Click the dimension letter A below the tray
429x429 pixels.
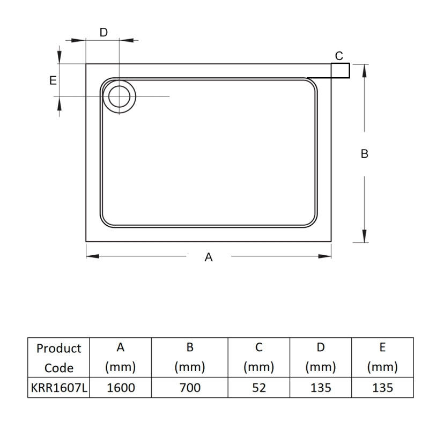(209, 257)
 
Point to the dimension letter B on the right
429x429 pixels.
(365, 153)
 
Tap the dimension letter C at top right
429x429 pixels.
(339, 56)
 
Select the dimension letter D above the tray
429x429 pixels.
(103, 32)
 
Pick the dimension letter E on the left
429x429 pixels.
(53, 80)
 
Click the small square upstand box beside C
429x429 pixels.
(341, 71)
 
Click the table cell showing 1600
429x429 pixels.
(121, 387)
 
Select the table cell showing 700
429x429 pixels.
(189, 387)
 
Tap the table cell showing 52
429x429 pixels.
(258, 387)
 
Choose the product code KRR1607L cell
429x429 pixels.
(58, 387)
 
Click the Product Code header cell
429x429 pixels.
(58, 358)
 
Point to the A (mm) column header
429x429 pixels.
(121, 358)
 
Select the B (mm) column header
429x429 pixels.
(189, 358)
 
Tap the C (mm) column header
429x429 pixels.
(258, 358)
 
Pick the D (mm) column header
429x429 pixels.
(320, 358)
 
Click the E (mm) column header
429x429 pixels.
(382, 358)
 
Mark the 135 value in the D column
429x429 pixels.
(320, 387)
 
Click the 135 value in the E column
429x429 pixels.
(382, 387)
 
